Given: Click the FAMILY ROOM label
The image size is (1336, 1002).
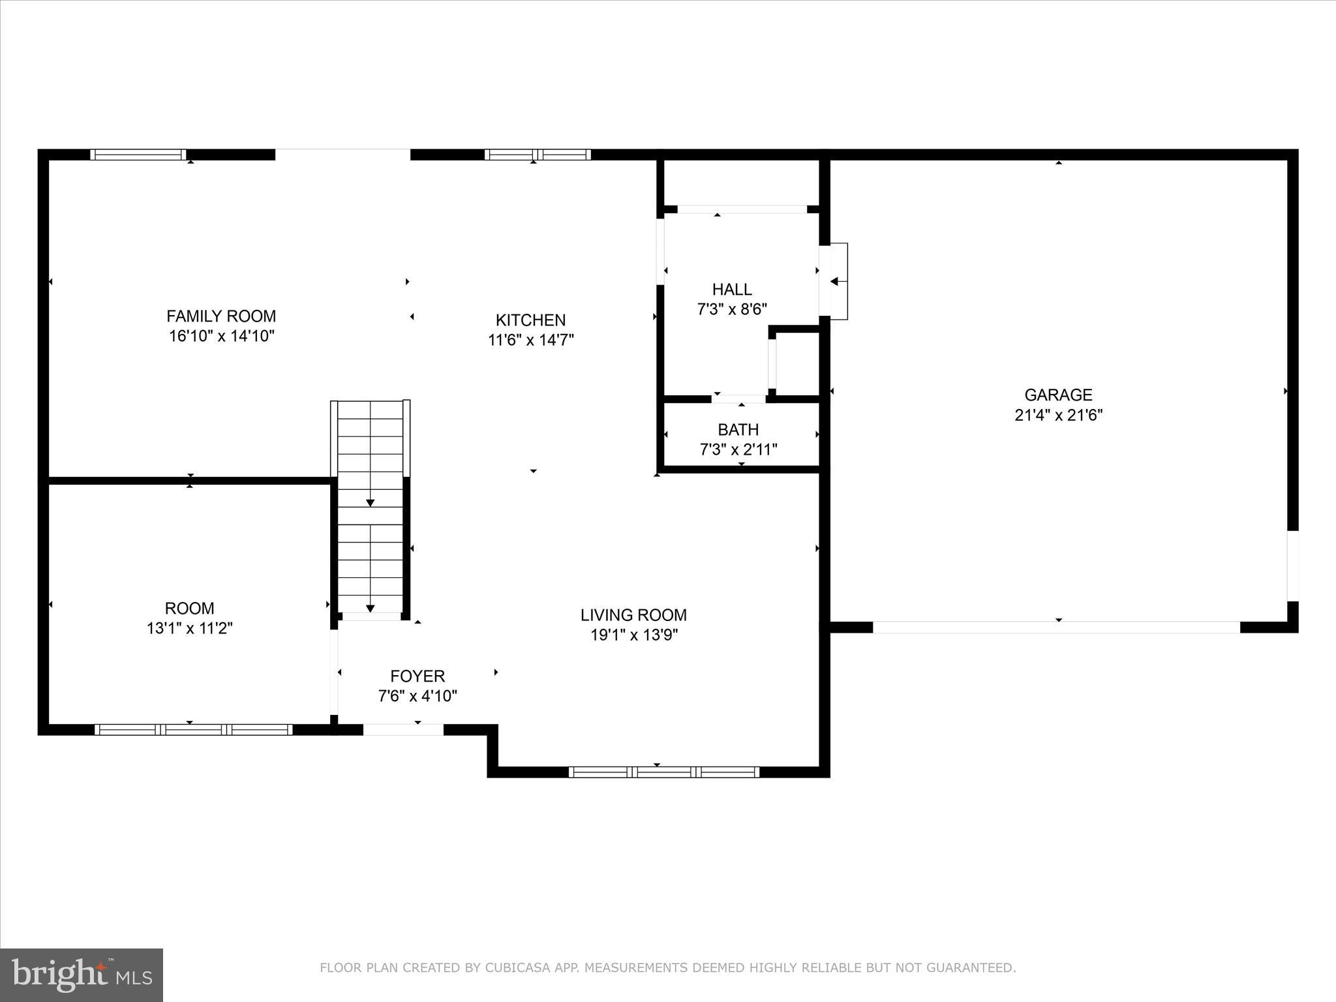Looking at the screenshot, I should [x=221, y=316].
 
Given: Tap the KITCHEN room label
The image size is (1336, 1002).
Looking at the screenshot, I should [x=530, y=320].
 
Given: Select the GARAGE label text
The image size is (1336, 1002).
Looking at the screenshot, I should [x=1058, y=395].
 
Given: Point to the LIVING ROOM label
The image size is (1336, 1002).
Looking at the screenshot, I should [x=633, y=615].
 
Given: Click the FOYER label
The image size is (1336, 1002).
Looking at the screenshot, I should [x=417, y=676].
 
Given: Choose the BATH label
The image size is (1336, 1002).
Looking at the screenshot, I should [x=738, y=430].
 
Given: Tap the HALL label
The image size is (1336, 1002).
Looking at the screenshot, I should [x=731, y=289].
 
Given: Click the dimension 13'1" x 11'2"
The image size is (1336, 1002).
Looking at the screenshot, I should [x=189, y=629].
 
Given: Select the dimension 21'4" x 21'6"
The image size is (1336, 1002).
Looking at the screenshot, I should [x=1058, y=416].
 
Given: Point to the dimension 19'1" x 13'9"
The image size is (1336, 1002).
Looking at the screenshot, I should [x=634, y=635].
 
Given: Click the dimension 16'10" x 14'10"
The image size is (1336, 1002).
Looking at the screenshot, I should [x=221, y=337].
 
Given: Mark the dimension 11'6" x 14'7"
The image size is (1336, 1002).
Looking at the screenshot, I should [x=530, y=341].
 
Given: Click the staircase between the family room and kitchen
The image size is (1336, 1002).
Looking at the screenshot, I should [x=371, y=506].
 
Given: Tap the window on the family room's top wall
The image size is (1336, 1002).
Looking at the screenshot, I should [x=138, y=155].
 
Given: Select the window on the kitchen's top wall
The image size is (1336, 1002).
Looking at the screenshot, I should [x=538, y=155].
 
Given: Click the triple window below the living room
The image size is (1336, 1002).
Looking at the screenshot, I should [x=663, y=772].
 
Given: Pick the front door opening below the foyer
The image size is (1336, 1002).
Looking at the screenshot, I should [x=403, y=730].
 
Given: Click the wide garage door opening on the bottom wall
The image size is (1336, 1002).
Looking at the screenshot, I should [x=1056, y=628].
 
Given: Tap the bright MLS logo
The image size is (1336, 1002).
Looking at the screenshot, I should [x=82, y=975].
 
